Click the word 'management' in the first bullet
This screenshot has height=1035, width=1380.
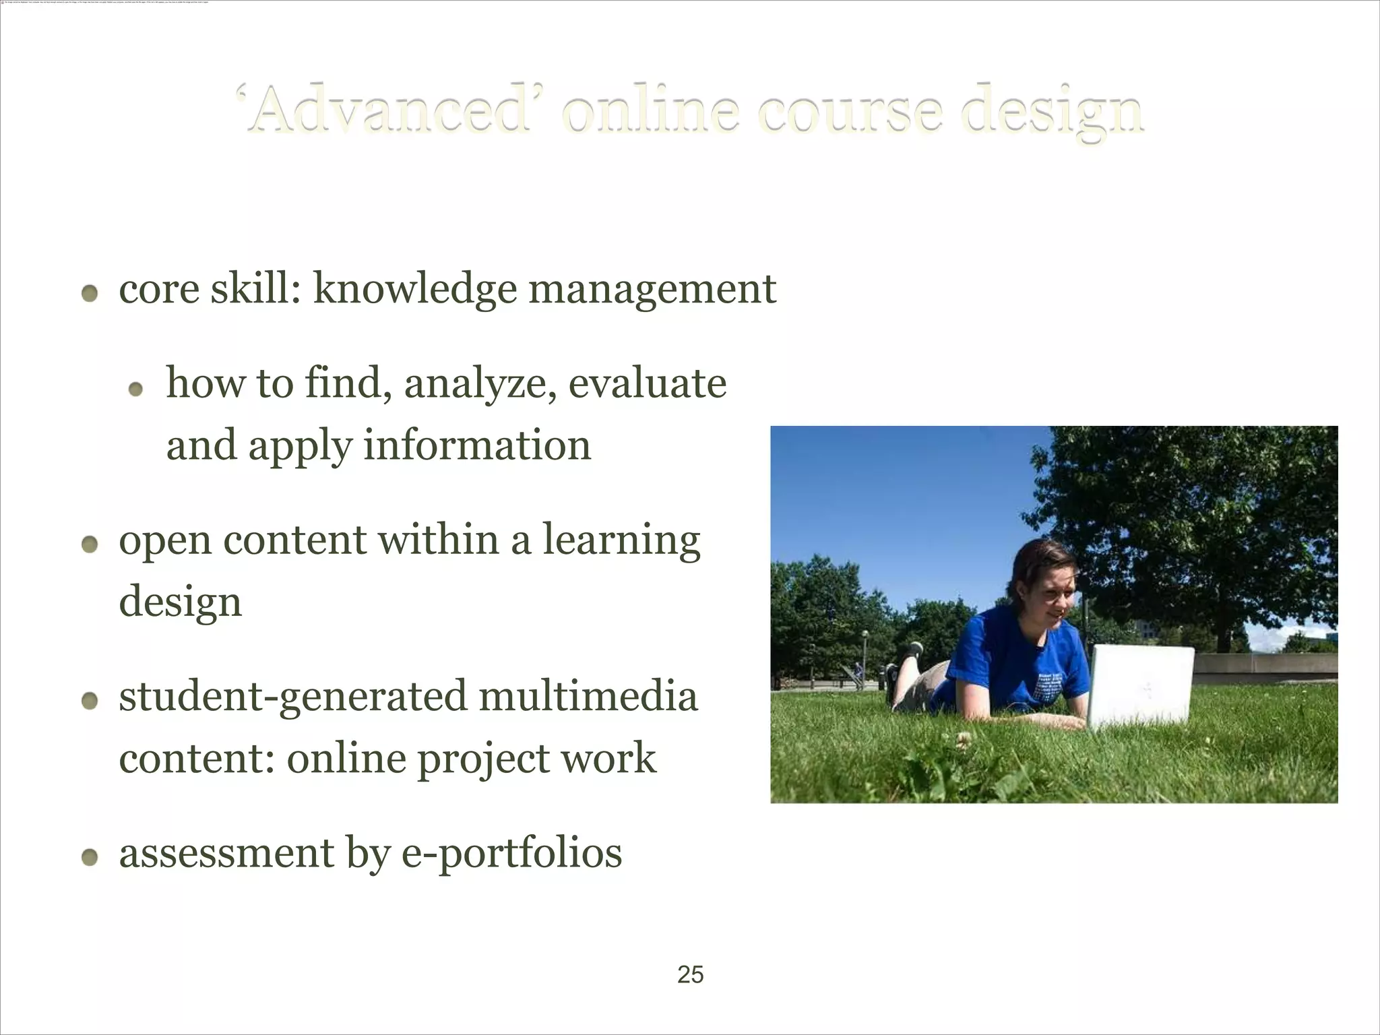pyautogui.click(x=652, y=290)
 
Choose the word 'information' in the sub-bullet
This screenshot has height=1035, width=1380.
pyautogui.click(x=477, y=446)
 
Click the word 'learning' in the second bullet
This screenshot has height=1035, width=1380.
pyautogui.click(x=621, y=542)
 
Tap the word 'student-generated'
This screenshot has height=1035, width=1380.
pyautogui.click(x=292, y=697)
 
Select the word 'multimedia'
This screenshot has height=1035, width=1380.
pyautogui.click(x=588, y=697)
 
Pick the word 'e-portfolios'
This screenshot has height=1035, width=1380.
pyautogui.click(x=511, y=854)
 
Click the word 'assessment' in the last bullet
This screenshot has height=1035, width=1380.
pyautogui.click(x=226, y=853)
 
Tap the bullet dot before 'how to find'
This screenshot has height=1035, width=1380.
pyautogui.click(x=136, y=389)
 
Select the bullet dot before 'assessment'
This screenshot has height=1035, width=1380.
pyautogui.click(x=90, y=857)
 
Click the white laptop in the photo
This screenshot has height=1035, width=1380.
pyautogui.click(x=1140, y=686)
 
